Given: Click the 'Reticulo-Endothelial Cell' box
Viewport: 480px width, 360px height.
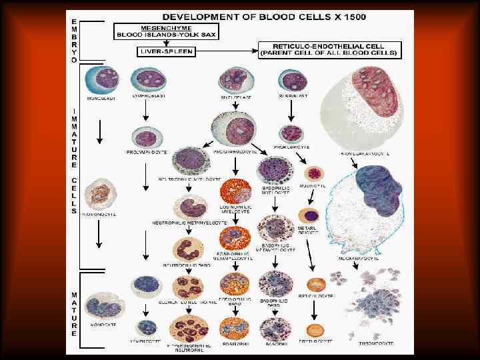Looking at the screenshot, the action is click(329, 49).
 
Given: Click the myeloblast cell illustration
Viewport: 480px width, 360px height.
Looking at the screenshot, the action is click(230, 80).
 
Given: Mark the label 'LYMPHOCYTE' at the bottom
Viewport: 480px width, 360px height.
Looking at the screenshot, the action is click(145, 341).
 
